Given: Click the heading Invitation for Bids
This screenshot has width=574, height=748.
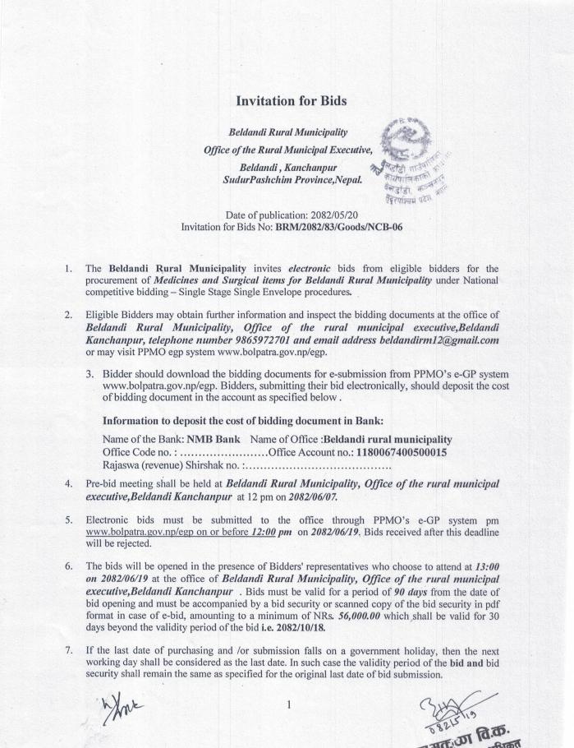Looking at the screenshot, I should click(291, 101).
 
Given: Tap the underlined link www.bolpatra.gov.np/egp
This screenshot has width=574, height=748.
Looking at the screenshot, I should click(135, 532).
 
